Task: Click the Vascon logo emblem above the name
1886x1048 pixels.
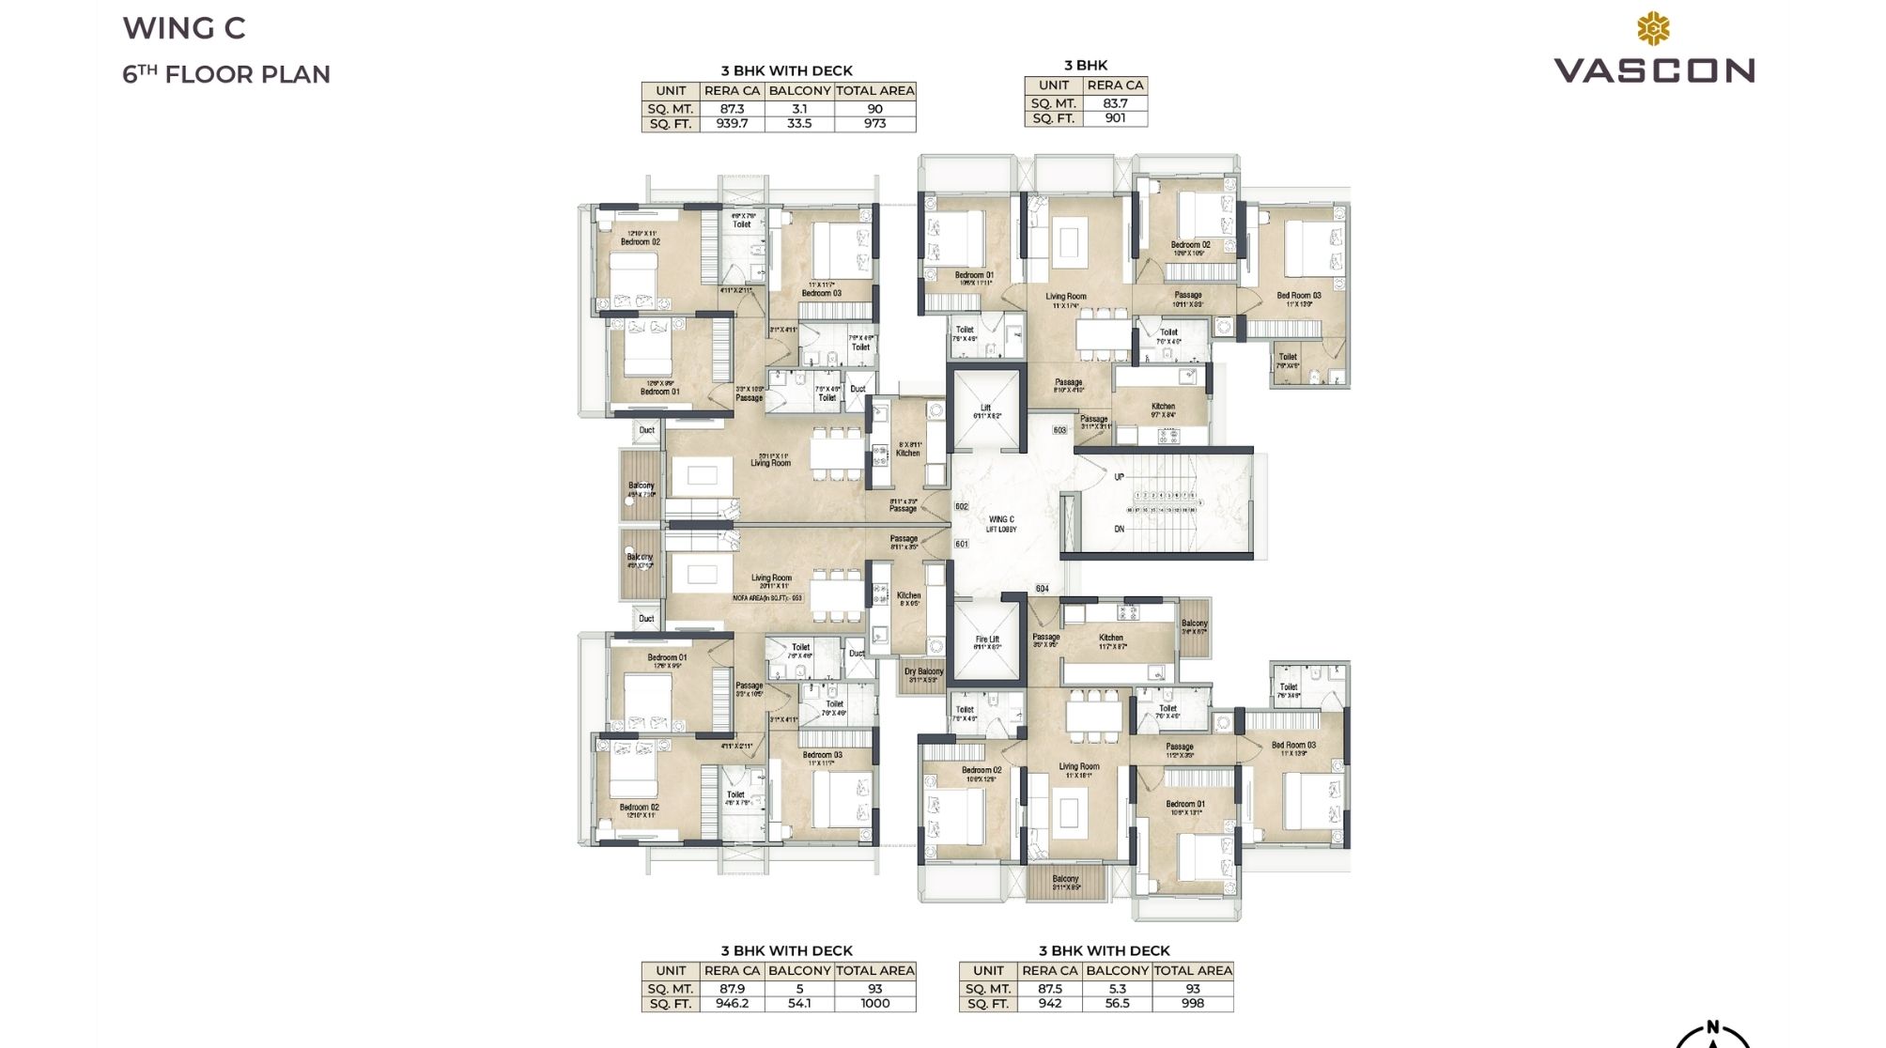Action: click(1653, 29)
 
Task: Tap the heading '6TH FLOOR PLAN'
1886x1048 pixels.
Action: click(226, 74)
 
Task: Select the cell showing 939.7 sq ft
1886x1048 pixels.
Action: click(732, 123)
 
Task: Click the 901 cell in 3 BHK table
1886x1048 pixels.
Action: click(1115, 118)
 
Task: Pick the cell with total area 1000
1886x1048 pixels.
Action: click(874, 1003)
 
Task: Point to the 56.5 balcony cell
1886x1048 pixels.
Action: click(1117, 1003)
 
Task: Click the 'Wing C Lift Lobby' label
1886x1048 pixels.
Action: click(1001, 524)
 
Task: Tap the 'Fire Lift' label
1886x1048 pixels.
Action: click(986, 642)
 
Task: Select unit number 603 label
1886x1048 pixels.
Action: click(1059, 430)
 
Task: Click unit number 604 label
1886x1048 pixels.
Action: click(1042, 589)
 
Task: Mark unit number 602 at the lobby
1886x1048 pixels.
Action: click(961, 507)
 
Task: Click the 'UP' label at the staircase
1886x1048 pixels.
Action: click(1119, 477)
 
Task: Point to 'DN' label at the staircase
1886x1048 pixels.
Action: click(1119, 530)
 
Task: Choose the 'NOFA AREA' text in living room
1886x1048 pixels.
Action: click(767, 597)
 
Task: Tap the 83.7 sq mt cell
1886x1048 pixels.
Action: click(1115, 103)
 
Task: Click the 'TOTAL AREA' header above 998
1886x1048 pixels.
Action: click(1192, 970)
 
